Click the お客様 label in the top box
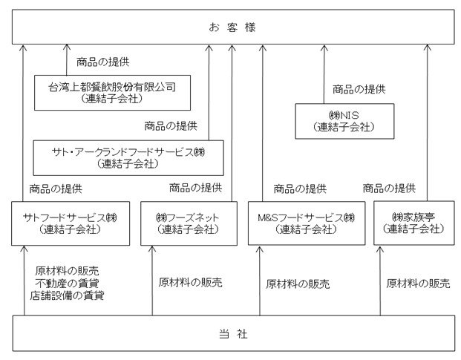(x=232, y=27)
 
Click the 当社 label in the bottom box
(x=233, y=334)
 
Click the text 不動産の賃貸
(x=67, y=284)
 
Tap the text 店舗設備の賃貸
(x=67, y=295)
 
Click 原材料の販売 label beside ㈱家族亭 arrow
(x=418, y=284)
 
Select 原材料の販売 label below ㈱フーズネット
(x=191, y=282)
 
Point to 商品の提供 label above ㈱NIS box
(x=359, y=89)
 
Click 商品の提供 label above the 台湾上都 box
(x=103, y=62)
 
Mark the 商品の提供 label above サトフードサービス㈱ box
(x=56, y=189)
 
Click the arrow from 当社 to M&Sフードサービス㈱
(x=260, y=281)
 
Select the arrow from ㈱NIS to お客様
(x=324, y=74)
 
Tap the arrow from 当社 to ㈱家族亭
(x=380, y=281)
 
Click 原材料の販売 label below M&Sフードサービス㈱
(x=298, y=284)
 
